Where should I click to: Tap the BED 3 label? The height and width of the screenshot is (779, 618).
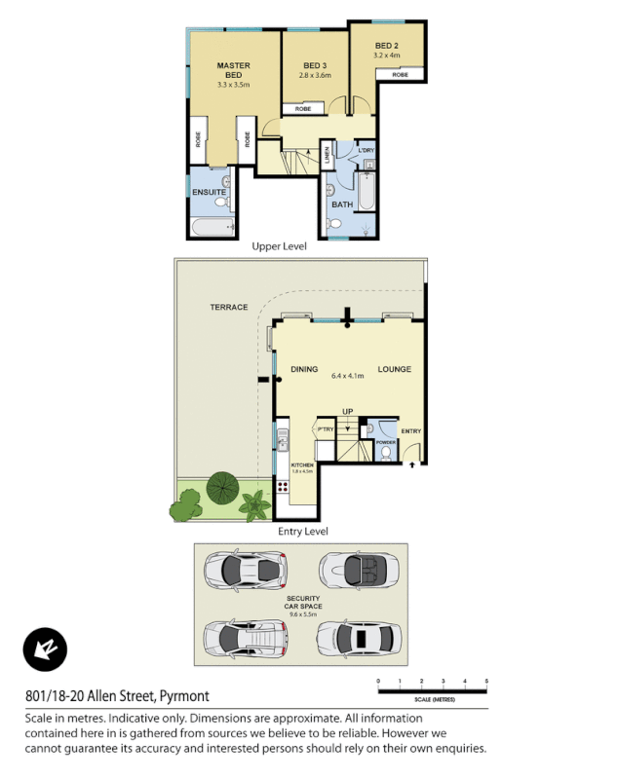click(315, 65)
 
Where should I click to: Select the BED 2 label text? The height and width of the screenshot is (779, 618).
click(386, 46)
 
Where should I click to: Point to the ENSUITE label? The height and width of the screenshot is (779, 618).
click(209, 192)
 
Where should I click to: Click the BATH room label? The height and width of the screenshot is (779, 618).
click(342, 204)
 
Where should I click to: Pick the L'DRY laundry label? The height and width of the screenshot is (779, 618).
click(367, 150)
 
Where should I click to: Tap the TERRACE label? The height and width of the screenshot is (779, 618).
click(228, 307)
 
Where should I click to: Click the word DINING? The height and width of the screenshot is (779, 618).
click(305, 369)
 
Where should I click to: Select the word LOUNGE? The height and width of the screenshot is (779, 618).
click(394, 369)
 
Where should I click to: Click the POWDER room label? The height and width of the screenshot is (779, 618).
click(386, 441)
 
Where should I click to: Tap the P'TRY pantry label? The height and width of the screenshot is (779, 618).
click(325, 429)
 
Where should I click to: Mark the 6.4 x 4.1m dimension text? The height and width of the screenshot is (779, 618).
click(347, 376)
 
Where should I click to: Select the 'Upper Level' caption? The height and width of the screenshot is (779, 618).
click(279, 246)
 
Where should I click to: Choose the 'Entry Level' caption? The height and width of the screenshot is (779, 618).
click(303, 531)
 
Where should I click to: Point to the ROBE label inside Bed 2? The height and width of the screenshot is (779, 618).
click(400, 74)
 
